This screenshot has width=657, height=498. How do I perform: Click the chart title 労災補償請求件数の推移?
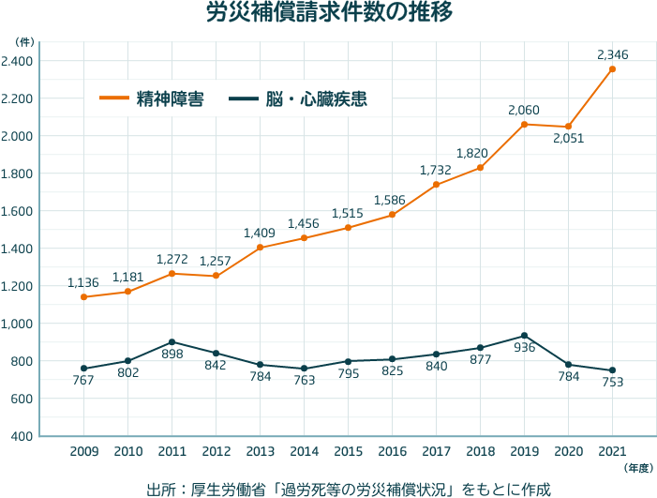[328, 14]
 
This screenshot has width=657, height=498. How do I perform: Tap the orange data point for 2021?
[612, 68]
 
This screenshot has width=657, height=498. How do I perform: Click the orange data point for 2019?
[524, 124]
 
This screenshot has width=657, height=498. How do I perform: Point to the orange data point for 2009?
[84, 296]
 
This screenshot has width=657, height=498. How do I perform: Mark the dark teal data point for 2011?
[172, 341]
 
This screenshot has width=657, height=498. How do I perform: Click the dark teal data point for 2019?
[524, 335]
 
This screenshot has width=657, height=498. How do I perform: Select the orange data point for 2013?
[260, 247]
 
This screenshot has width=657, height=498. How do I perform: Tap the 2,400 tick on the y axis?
[17, 61]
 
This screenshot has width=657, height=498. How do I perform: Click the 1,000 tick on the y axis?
[17, 324]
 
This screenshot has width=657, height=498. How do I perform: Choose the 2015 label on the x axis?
[348, 451]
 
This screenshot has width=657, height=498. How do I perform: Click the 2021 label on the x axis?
[612, 451]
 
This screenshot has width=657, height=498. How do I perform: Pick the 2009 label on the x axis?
[84, 451]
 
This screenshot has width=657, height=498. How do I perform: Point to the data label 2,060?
[524, 111]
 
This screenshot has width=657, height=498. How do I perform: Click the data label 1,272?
[172, 259]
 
